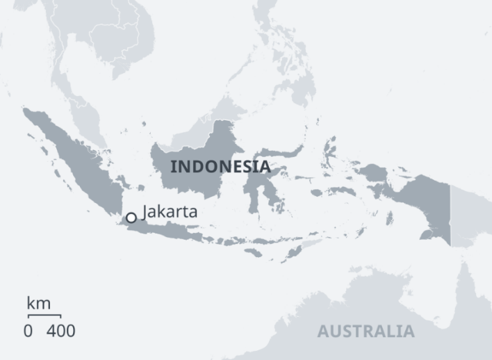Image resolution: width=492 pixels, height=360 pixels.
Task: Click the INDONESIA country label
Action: pos(220,167)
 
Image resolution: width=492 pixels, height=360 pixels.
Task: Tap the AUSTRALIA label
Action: pos(366,331)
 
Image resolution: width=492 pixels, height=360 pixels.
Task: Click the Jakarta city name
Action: pos(170,211)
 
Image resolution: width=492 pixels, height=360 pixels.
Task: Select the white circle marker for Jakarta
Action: pos(131,218)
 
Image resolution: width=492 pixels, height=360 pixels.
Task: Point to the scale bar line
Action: pos(44,316)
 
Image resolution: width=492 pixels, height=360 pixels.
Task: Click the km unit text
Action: pos(39,303)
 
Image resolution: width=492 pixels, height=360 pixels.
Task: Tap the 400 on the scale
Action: pos(61,330)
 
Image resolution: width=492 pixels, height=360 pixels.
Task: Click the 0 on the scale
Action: pos(28,330)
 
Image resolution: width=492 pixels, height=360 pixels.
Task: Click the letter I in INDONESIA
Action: pos(174,167)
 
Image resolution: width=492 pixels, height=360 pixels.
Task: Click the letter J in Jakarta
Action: pos(145,211)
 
